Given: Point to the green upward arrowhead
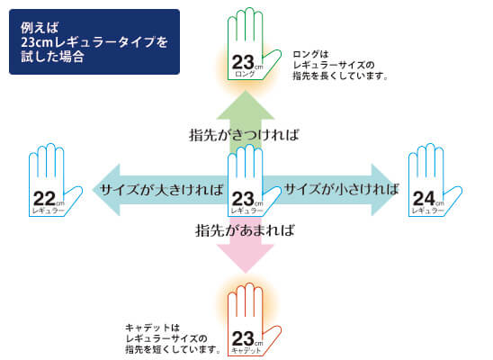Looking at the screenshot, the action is coord(246,104).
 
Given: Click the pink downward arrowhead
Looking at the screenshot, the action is coord(246,258).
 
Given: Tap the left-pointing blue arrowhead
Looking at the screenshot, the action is coord(106,190).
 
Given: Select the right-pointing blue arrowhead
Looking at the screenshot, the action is coord(385,190).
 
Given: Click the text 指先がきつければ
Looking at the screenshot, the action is coord(244,135).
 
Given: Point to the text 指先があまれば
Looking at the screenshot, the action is coord(245,230).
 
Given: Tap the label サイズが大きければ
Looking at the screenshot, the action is coord(161,190).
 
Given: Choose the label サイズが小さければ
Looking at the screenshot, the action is coord(342,189).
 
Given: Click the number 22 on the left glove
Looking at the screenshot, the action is coord(44,199).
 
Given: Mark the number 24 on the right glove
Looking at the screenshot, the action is coord(424,198).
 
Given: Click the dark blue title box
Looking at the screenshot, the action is coord(94,41).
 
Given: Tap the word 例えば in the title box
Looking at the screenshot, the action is coord(40,28).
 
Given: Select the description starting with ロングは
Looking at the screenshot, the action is coord(340,66).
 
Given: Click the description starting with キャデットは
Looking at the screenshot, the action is coord(173,339).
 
